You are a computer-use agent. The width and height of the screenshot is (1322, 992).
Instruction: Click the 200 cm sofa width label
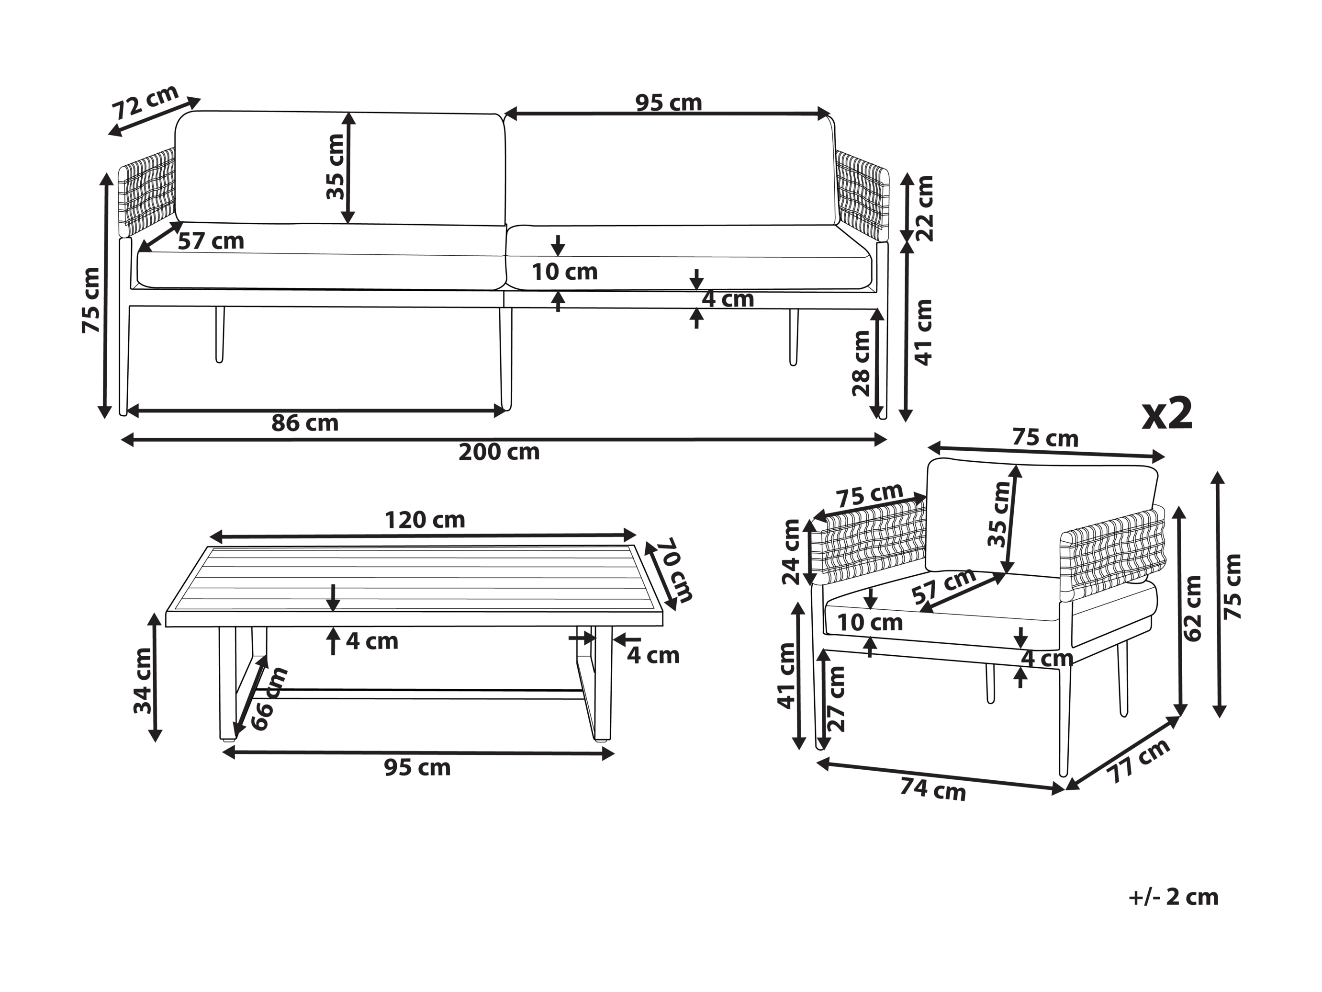pos(499,452)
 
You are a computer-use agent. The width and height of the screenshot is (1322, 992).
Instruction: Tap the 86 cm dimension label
pos(305,423)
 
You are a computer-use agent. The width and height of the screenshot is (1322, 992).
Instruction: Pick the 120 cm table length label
pos(425,520)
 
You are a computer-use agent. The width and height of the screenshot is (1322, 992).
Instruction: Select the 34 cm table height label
pos(143,681)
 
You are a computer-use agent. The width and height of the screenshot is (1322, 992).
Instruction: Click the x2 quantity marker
pos(1167,414)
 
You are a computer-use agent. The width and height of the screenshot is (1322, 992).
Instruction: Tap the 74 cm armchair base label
pos(933,790)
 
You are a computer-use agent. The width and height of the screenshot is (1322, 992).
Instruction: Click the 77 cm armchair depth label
pos(1138,761)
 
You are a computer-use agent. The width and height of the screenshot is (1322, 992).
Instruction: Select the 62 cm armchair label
pos(1192,608)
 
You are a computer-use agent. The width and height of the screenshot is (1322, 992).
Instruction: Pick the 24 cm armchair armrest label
pos(791,552)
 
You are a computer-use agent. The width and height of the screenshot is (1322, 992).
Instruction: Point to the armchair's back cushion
pos(1041,517)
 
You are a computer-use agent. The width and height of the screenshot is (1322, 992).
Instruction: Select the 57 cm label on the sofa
pos(211,241)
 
